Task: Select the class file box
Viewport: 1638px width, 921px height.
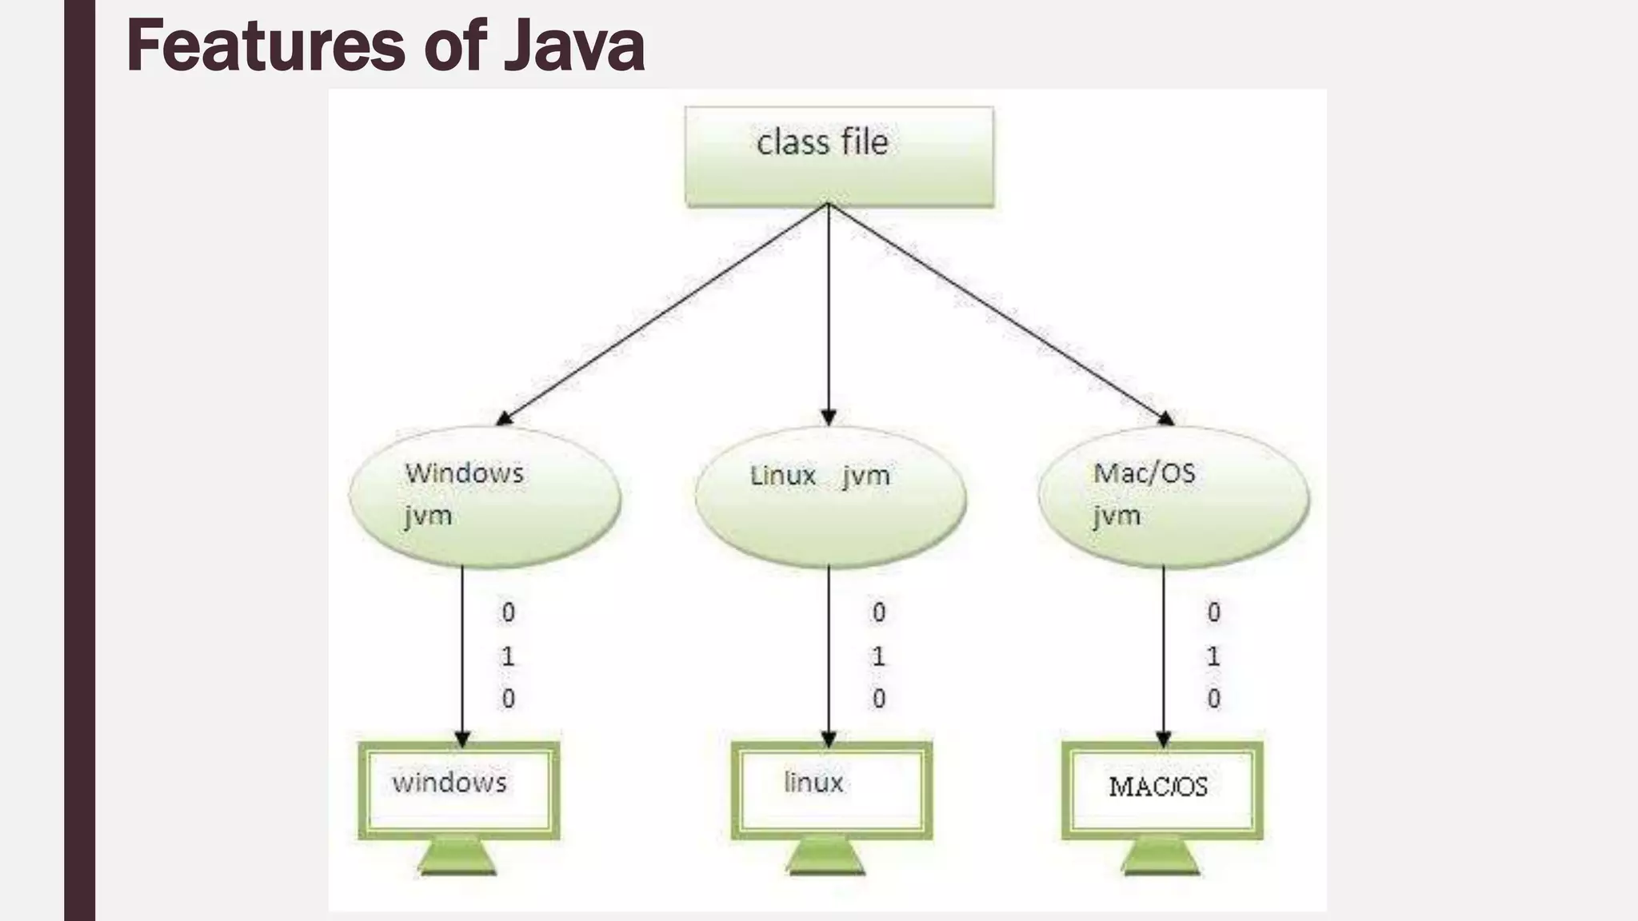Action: [839, 157]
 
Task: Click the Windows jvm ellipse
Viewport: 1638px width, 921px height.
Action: [485, 496]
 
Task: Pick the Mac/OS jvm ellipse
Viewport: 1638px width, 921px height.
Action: [1173, 496]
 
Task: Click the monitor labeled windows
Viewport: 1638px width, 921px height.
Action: [458, 790]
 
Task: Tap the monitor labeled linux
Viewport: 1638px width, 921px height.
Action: [831, 790]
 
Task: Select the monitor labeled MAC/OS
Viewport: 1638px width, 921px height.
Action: [1162, 790]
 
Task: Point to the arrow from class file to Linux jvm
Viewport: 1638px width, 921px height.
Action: [829, 312]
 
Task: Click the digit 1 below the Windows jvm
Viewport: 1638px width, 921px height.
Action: [508, 657]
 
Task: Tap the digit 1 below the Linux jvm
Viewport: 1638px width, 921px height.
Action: [878, 657]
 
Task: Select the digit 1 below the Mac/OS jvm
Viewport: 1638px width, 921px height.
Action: [1213, 657]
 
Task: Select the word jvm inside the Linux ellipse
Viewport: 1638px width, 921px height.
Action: [866, 476]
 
